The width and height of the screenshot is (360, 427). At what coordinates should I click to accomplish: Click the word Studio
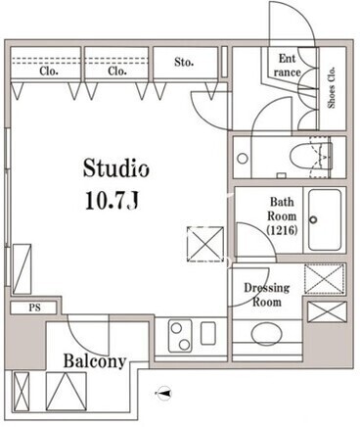pyautogui.click(x=116, y=168)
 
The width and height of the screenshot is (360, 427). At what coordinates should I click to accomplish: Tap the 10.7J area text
pyautogui.click(x=112, y=200)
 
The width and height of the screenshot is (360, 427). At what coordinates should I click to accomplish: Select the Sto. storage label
pyautogui.click(x=184, y=62)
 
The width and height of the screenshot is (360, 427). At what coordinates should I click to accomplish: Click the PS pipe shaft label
pyautogui.click(x=35, y=308)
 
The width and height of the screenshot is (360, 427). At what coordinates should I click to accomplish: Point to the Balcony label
pyautogui.click(x=95, y=361)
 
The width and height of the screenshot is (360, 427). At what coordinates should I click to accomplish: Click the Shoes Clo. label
pyautogui.click(x=332, y=87)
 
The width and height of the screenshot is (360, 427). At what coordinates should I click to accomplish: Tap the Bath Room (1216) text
pyautogui.click(x=282, y=216)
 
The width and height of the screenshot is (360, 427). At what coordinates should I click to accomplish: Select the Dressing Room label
pyautogui.click(x=267, y=295)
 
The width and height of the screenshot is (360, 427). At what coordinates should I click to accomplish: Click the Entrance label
pyautogui.click(x=287, y=66)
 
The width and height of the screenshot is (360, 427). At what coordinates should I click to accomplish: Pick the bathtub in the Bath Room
pyautogui.click(x=325, y=220)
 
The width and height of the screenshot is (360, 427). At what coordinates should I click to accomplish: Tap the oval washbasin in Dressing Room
pyautogui.click(x=266, y=334)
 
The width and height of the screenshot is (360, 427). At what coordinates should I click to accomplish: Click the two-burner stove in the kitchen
pyautogui.click(x=180, y=336)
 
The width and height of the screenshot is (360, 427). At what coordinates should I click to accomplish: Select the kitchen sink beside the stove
pyautogui.click(x=208, y=333)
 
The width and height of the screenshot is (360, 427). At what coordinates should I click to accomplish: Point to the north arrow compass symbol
pyautogui.click(x=164, y=393)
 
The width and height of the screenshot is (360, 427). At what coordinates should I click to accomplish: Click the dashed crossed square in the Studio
pyautogui.click(x=205, y=244)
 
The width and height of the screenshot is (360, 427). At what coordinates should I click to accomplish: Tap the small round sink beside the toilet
pyautogui.click(x=243, y=159)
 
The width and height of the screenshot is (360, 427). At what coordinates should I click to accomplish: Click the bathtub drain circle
pyautogui.click(x=313, y=219)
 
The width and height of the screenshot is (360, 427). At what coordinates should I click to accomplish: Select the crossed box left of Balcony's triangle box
pyautogui.click(x=22, y=391)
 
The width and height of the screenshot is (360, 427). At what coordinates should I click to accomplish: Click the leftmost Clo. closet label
pyautogui.click(x=49, y=71)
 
